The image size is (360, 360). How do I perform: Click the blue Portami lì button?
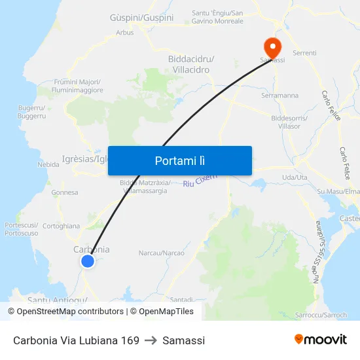click(x=179, y=160)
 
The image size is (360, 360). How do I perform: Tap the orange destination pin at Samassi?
click(x=272, y=46)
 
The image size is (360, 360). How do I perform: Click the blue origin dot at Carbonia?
click(x=87, y=261)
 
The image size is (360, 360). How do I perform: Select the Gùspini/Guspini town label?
click(x=142, y=18)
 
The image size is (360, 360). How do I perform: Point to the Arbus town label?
click(x=124, y=32)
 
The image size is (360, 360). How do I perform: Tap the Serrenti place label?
click(x=305, y=53)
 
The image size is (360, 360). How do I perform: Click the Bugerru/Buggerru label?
click(x=32, y=111)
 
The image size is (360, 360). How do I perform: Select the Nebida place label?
click(x=48, y=164)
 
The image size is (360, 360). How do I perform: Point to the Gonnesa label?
click(x=65, y=192)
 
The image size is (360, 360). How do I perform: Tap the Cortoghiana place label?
click(x=61, y=226)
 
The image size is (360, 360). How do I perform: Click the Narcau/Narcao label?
click(x=161, y=253)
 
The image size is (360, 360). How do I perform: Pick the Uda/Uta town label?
click(x=294, y=177)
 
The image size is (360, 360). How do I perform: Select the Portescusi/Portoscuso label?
click(x=22, y=228)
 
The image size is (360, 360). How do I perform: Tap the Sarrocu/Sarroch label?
click(x=321, y=315)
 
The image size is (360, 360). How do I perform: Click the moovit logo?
click(x=321, y=339)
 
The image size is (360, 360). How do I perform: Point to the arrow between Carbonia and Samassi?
click(x=151, y=340)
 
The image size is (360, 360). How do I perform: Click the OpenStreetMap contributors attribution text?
click(x=70, y=312)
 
